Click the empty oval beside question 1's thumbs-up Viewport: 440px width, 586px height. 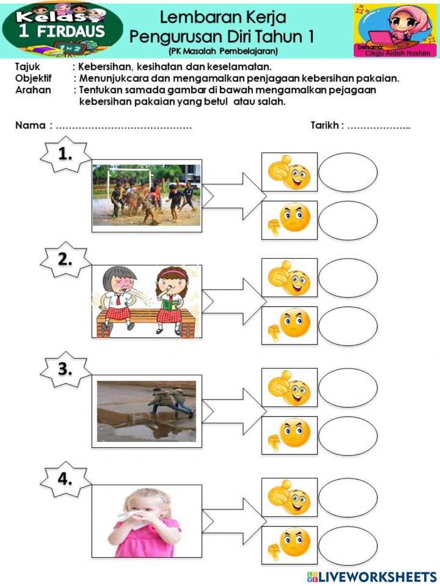coord(348,172)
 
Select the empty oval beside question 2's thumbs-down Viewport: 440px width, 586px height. coord(348,326)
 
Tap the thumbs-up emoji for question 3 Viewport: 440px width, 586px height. coord(290,388)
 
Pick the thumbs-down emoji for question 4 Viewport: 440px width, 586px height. coord(290,545)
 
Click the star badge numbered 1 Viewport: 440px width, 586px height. coord(65,154)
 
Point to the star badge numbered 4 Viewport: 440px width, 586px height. coord(65,479)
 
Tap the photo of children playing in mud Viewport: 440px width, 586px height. coord(147,195)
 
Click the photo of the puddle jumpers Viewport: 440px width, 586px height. coord(147,411)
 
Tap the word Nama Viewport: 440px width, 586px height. coord(30,125)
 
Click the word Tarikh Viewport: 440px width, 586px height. coord(325,125)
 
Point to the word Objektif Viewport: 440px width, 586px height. coord(33,78)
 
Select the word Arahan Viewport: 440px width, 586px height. coord(33,90)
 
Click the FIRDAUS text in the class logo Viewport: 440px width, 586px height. coord(70,32)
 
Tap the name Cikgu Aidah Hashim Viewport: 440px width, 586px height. coord(397,53)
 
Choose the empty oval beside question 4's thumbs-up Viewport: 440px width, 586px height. coord(348,497)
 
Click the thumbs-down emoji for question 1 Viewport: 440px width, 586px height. coord(290,220)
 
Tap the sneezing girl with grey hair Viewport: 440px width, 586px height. coord(118,299)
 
